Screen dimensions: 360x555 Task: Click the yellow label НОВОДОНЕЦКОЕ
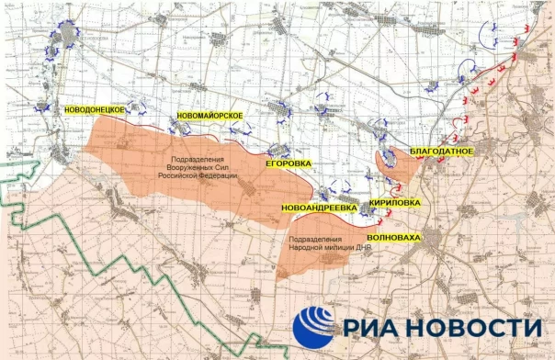95,109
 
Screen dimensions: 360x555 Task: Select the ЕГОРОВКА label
289,164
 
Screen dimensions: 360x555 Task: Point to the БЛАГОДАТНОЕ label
441,150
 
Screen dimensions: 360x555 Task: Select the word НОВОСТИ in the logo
479,328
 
